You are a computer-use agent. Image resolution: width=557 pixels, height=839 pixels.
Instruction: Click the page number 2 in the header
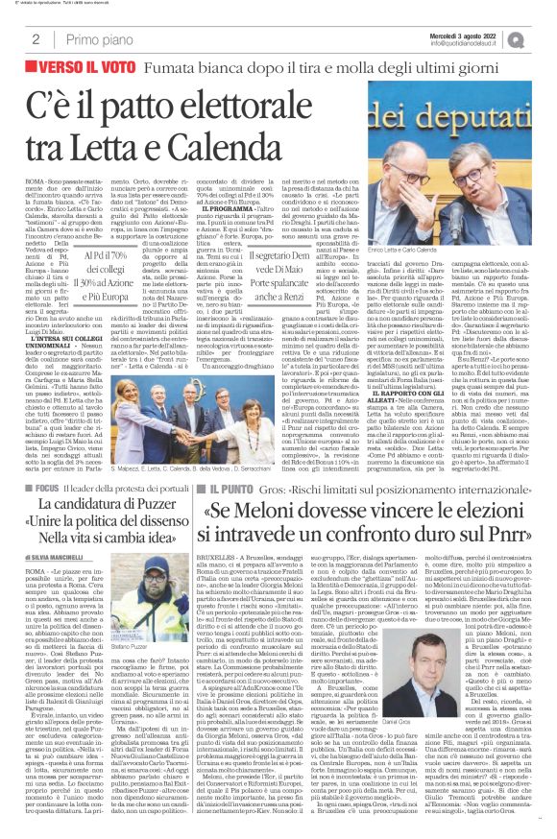pos(35,39)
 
